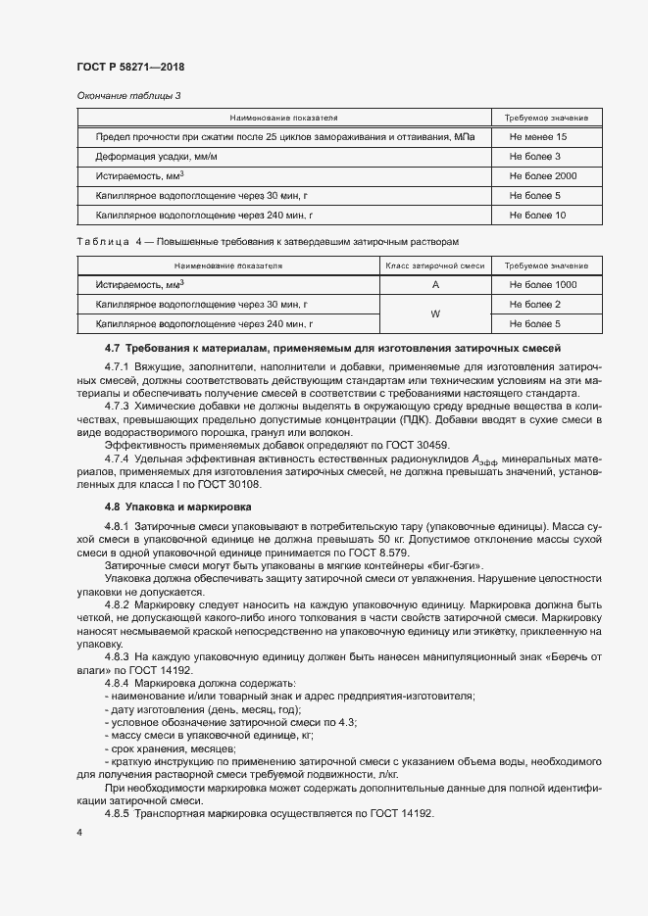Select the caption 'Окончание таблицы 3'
128,95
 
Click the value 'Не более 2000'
543,176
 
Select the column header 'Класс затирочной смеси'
434,265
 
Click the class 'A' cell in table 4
434,285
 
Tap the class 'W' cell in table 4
434,313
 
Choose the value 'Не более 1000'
543,285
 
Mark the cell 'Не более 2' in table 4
535,304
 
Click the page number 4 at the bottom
78,833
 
